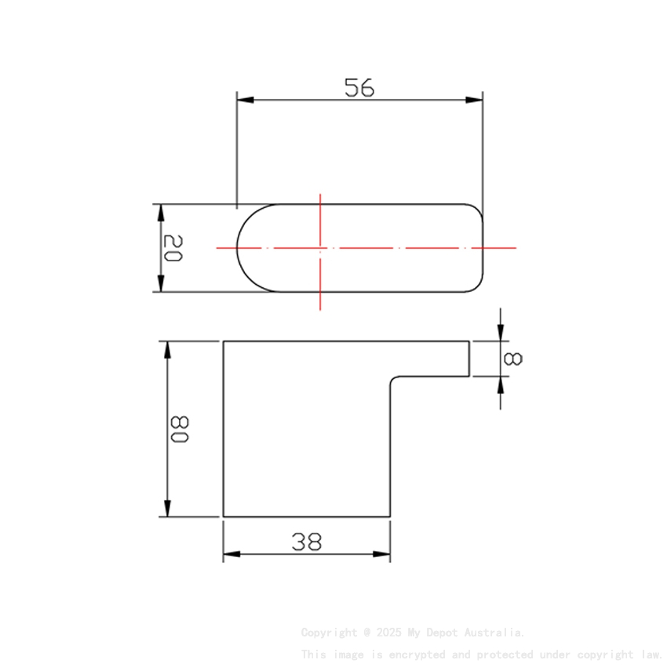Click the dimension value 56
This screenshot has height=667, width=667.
click(359, 87)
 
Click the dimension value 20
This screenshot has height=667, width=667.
click(173, 249)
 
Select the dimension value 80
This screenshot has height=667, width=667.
click(180, 429)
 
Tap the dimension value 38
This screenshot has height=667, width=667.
click(307, 541)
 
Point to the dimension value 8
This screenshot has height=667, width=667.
click(513, 359)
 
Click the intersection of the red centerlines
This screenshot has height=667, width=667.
click(320, 247)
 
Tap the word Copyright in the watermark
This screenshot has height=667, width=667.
click(329, 632)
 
